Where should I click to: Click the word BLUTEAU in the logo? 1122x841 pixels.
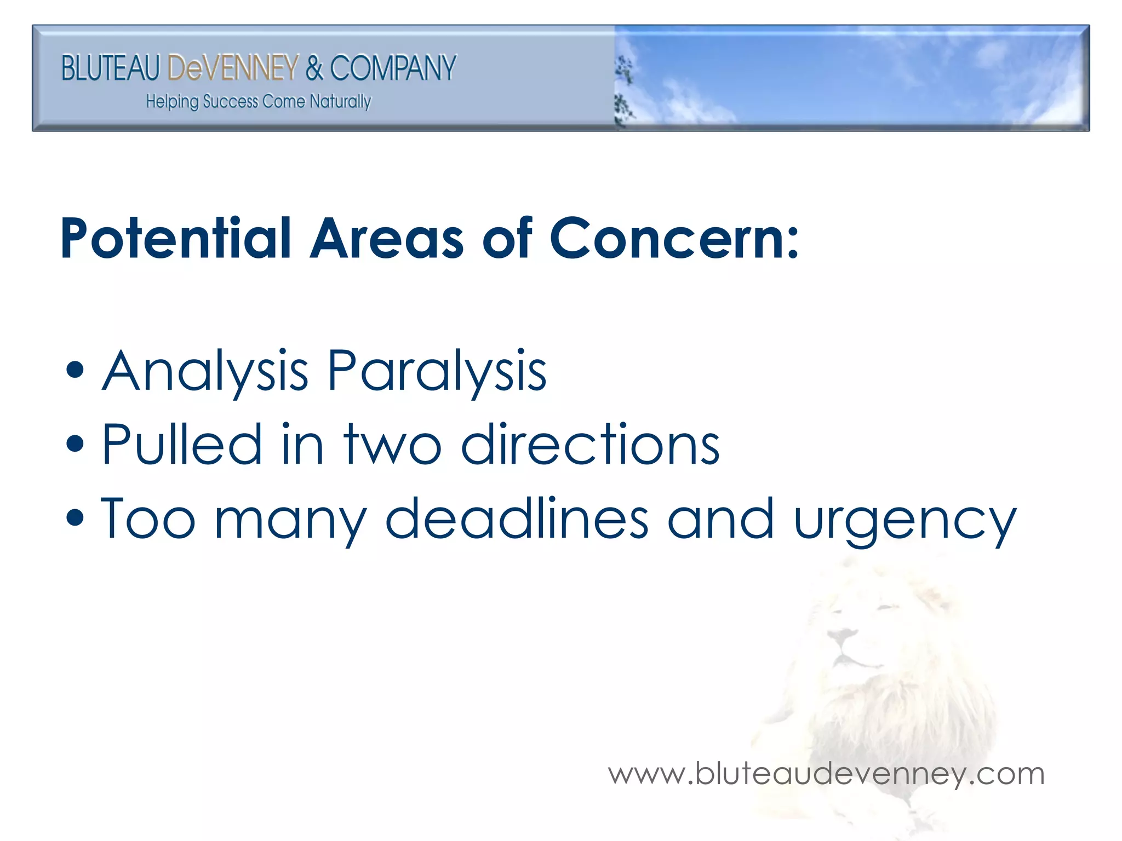110,68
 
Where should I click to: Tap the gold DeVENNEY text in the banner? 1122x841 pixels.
233,68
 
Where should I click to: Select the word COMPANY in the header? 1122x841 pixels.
393,68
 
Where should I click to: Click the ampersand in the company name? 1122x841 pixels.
314,68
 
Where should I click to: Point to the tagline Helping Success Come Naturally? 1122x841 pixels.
259,102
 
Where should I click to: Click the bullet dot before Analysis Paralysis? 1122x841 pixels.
75,371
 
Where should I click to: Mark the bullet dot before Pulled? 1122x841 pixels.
75,444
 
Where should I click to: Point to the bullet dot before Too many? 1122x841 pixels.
75,518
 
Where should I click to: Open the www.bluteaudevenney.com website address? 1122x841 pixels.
826,774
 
